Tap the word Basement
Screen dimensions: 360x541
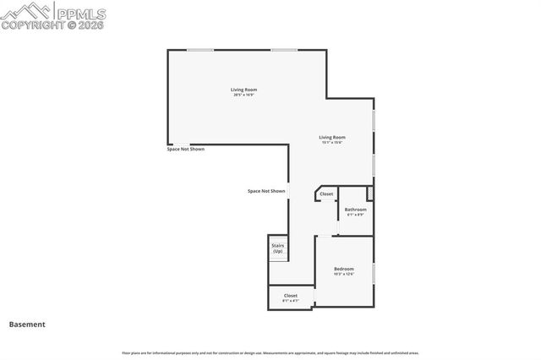pyautogui.click(x=27, y=324)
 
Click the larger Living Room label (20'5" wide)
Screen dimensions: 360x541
pyautogui.click(x=243, y=90)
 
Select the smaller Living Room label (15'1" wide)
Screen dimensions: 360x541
pyautogui.click(x=331, y=137)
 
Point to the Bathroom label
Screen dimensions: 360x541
pyautogui.click(x=355, y=209)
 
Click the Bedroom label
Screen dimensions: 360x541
pyautogui.click(x=343, y=269)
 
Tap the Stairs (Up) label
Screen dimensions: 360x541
pyautogui.click(x=277, y=248)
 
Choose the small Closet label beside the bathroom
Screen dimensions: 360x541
pyautogui.click(x=326, y=194)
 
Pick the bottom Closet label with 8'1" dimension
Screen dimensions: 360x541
pyautogui.click(x=290, y=296)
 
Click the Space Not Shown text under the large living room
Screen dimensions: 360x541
pyautogui.click(x=186, y=149)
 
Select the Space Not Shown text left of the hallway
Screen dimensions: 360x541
pyautogui.click(x=266, y=191)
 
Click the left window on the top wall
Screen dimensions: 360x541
pyautogui.click(x=199, y=50)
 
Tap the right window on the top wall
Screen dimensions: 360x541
pyautogui.click(x=284, y=50)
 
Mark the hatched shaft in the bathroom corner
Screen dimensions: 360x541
pyautogui.click(x=369, y=194)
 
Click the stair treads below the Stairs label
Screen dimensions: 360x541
pyautogui.click(x=278, y=257)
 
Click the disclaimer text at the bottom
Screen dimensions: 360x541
pyautogui.click(x=270, y=352)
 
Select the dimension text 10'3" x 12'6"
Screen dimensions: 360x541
pyautogui.click(x=343, y=274)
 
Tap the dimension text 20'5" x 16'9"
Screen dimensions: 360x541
pyautogui.click(x=243, y=95)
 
